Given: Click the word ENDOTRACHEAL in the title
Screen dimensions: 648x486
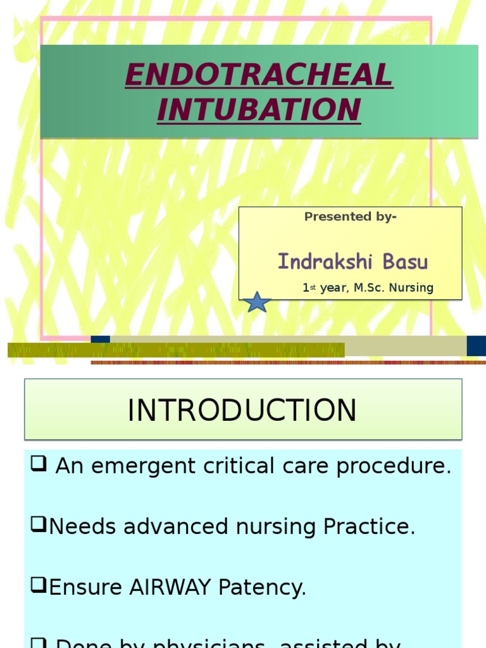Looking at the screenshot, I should [x=259, y=76].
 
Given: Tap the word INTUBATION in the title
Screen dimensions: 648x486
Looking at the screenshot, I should [x=259, y=109].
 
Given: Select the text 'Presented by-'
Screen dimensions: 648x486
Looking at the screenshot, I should [x=351, y=217].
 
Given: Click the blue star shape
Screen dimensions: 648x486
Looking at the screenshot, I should [x=258, y=302].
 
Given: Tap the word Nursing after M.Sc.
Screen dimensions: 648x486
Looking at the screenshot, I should [x=411, y=288].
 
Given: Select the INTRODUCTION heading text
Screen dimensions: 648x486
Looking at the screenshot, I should [x=242, y=410].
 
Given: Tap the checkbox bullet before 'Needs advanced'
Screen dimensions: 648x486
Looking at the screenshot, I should [x=39, y=526].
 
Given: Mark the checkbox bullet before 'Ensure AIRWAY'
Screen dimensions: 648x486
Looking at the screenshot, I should [x=39, y=587].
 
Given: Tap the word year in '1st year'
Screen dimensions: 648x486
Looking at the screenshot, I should [x=334, y=288].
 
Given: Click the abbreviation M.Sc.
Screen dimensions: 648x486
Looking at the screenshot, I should [x=368, y=288].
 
